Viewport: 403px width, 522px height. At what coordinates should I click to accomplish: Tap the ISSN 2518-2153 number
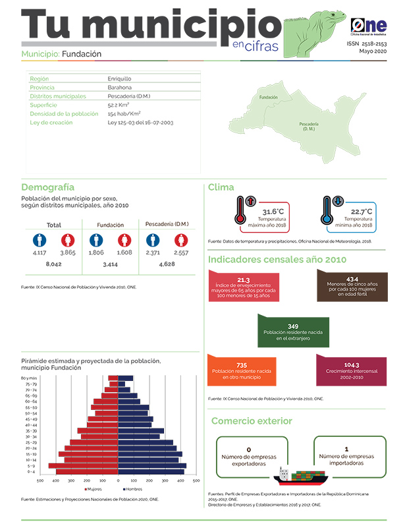coord(367,43)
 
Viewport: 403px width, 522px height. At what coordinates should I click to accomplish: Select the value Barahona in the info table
coord(119,87)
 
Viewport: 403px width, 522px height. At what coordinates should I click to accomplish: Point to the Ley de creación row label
coord(53,122)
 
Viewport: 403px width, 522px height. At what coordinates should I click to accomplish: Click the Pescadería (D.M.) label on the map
coord(309,127)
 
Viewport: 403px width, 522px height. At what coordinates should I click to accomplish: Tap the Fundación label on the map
coord(268,98)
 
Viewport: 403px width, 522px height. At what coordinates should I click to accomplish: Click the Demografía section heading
coord(47,187)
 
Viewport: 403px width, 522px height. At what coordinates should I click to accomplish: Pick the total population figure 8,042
coord(53,264)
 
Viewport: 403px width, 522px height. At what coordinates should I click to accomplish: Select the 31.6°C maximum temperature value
coord(273,212)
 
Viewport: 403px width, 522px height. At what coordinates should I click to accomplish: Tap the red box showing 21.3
coord(243,287)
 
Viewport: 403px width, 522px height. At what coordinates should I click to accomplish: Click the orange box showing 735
coord(241,369)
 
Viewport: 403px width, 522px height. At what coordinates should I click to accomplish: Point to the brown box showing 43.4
coord(352,287)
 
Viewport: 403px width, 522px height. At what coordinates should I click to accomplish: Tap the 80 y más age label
coord(28,378)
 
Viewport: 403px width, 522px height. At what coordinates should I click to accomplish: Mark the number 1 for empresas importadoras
coord(346,449)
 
